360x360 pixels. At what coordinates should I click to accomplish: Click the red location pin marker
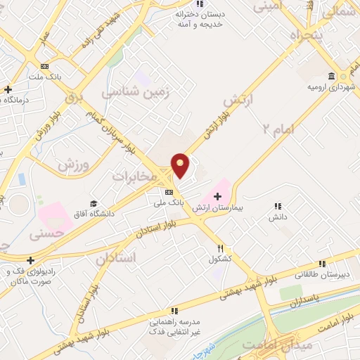point(181,165)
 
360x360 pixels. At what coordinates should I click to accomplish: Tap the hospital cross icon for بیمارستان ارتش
point(217,195)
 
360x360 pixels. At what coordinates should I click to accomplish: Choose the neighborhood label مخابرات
point(134,176)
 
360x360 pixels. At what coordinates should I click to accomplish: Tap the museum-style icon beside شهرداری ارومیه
point(331,77)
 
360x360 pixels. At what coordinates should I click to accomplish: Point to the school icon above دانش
point(278,206)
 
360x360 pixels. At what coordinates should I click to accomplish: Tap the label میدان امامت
point(268,345)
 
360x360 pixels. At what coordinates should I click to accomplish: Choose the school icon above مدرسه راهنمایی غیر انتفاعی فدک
point(174,310)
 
